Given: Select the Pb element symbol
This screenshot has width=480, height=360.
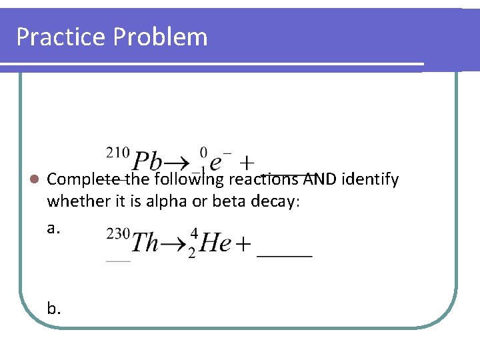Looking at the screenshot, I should (x=148, y=161).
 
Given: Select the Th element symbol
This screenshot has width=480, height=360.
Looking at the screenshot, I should (x=145, y=243).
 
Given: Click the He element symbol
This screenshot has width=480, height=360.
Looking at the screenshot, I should (x=215, y=243).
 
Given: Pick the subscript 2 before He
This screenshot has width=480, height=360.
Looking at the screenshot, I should (x=192, y=255).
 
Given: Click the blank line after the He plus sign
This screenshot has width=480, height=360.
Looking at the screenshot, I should (x=285, y=255).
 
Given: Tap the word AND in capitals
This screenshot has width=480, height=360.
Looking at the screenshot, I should (x=321, y=179).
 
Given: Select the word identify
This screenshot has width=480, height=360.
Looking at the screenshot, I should (x=371, y=179).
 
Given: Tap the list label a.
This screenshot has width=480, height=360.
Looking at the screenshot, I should (x=54, y=228).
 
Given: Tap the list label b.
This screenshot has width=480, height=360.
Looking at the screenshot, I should (x=54, y=308).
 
